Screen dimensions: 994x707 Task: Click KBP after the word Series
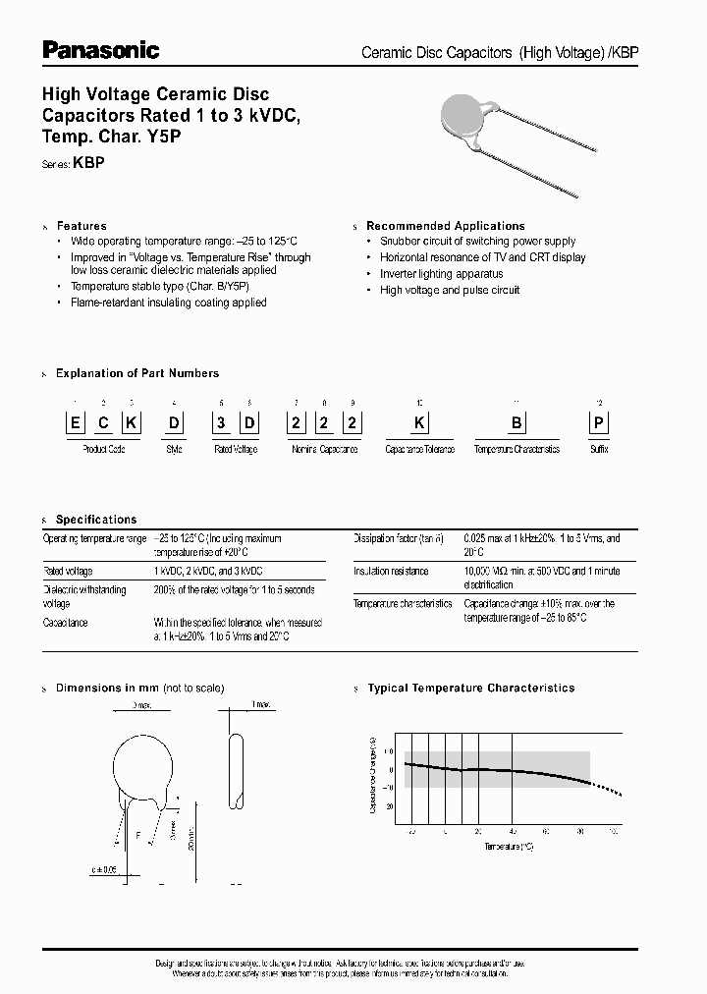[x=89, y=165]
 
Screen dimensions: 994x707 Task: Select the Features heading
[x=82, y=226]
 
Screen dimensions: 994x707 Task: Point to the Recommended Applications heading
[x=446, y=226]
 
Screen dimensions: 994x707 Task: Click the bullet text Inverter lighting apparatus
[x=441, y=274]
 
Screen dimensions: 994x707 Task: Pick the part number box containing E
[x=75, y=424]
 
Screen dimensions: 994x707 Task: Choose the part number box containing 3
[x=222, y=424]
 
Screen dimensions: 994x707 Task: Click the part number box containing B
[x=517, y=424]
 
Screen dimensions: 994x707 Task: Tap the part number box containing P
[x=599, y=424]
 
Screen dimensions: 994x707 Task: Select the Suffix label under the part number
[x=599, y=449]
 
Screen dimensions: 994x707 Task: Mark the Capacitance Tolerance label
[x=420, y=449]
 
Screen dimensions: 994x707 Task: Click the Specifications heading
[x=96, y=520]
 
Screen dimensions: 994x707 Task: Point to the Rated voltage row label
[x=68, y=571]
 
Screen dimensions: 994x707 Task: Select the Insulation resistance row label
[x=391, y=571]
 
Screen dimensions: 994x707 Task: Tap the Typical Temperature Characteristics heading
[x=471, y=689]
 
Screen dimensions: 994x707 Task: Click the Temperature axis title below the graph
[x=509, y=845]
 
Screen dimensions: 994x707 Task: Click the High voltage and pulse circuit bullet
[x=450, y=291]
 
